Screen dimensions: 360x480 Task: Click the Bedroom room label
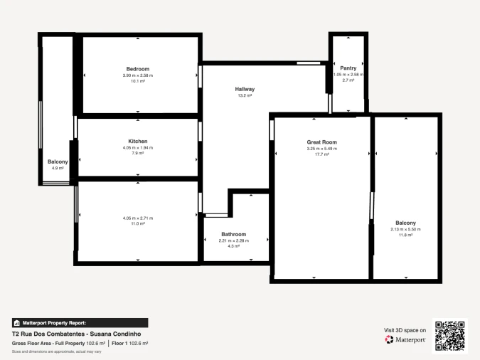pyautogui.click(x=138, y=69)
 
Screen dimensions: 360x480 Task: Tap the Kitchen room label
pyautogui.click(x=138, y=142)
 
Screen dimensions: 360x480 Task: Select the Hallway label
pyautogui.click(x=245, y=89)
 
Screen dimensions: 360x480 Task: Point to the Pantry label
pyautogui.click(x=348, y=68)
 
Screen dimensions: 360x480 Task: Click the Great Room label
pyautogui.click(x=321, y=142)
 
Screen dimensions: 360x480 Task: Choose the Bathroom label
pyautogui.click(x=233, y=234)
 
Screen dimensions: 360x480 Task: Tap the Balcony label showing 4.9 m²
pyautogui.click(x=58, y=162)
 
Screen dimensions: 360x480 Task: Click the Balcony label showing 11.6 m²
pyautogui.click(x=405, y=223)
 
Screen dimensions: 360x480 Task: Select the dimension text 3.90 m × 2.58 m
pyautogui.click(x=138, y=75)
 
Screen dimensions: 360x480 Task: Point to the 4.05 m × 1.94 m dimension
pyautogui.click(x=138, y=147)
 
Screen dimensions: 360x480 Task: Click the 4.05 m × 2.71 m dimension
pyautogui.click(x=138, y=218)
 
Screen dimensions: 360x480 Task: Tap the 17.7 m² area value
pyautogui.click(x=321, y=154)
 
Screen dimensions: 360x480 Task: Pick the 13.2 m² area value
pyautogui.click(x=245, y=95)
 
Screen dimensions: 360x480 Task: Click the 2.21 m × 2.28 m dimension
pyautogui.click(x=233, y=240)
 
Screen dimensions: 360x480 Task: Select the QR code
pyautogui.click(x=449, y=336)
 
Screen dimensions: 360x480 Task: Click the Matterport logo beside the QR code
pyautogui.click(x=405, y=340)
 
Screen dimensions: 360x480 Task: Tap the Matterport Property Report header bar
pyautogui.click(x=80, y=322)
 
